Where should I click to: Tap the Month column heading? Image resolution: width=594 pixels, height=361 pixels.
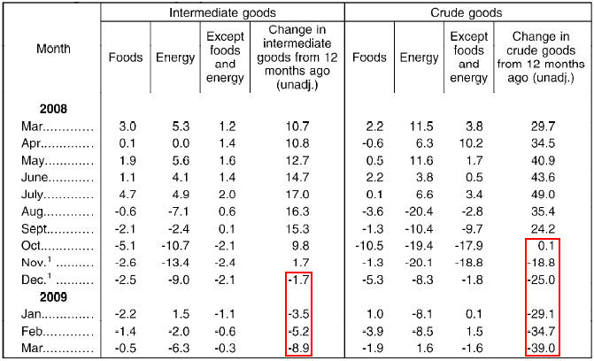[x=53, y=48]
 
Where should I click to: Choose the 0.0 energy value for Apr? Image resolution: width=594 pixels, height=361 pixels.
[x=171, y=143]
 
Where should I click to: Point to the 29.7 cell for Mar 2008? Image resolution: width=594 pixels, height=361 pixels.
[x=542, y=127]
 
